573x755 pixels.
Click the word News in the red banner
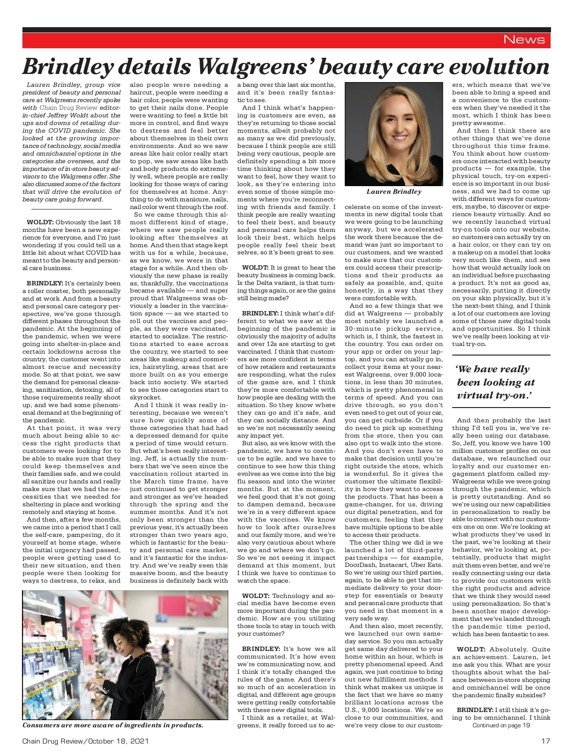(x=524, y=40)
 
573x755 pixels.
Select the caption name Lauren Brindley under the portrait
(x=394, y=192)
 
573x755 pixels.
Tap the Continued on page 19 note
(x=501, y=725)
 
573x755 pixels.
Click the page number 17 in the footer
(x=545, y=741)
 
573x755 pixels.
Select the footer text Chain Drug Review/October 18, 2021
(x=85, y=741)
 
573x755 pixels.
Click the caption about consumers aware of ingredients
(x=113, y=725)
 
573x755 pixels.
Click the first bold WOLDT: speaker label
(x=40, y=222)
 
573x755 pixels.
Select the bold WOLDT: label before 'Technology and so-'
(x=255, y=596)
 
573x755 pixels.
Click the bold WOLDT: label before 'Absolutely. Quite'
(x=471, y=649)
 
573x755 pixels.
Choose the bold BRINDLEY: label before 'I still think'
(x=475, y=710)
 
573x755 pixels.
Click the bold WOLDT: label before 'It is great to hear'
(x=255, y=268)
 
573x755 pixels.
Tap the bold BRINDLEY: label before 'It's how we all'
(x=260, y=649)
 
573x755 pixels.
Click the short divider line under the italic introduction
(x=67, y=209)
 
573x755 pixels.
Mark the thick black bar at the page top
(x=286, y=30)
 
